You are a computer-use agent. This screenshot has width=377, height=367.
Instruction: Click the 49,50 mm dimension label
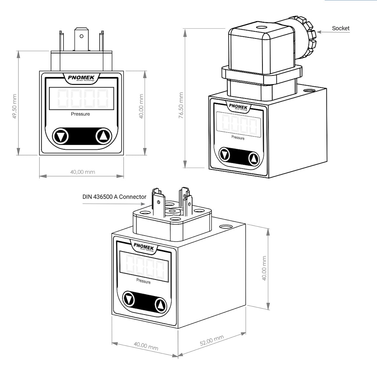(x=14, y=107)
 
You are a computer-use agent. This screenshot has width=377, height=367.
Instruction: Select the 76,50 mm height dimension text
(x=181, y=106)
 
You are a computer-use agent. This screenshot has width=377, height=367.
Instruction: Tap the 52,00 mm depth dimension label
(x=211, y=341)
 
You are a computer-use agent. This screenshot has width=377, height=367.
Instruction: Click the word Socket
(x=340, y=28)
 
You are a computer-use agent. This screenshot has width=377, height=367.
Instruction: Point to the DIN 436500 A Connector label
(x=114, y=197)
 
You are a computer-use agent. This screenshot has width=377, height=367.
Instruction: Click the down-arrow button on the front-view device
(x=60, y=136)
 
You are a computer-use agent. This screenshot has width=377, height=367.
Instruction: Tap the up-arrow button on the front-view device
(x=104, y=135)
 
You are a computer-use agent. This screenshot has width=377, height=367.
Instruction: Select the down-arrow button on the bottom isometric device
(x=129, y=299)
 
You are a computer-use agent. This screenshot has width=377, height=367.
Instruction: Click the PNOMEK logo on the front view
(x=81, y=78)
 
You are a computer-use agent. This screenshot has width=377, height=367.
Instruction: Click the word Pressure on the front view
(x=81, y=114)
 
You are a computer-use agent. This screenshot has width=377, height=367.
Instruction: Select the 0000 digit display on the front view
(x=81, y=99)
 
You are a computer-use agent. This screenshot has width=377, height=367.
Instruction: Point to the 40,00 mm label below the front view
(x=83, y=172)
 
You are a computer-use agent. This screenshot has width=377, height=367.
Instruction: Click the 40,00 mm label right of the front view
(x=142, y=107)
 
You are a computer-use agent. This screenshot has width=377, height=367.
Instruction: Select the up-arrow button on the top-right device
(x=254, y=158)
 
